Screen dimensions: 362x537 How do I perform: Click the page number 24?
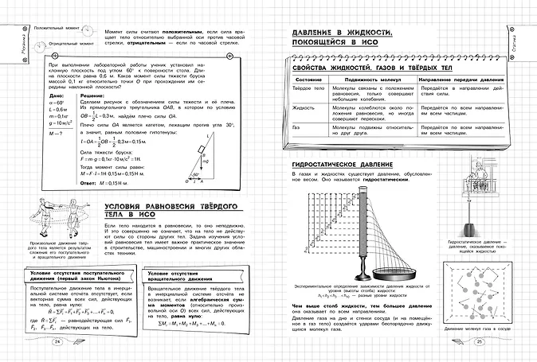[57, 343]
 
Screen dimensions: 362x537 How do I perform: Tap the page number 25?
[480, 343]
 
